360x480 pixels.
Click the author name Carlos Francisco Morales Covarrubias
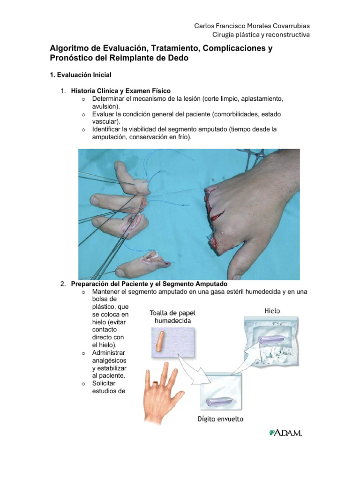(x=252, y=26)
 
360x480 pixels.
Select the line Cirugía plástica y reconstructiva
(x=261, y=35)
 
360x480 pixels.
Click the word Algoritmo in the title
(x=69, y=49)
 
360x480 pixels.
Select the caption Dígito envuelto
(x=220, y=419)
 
